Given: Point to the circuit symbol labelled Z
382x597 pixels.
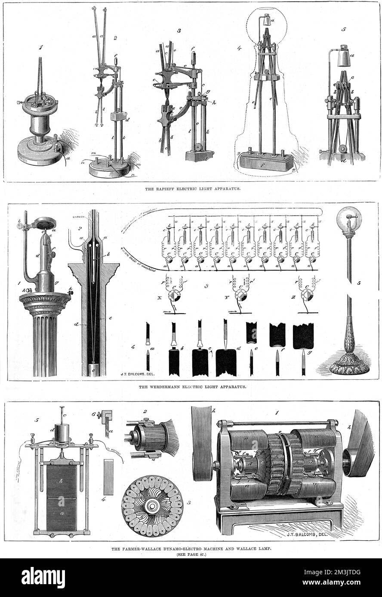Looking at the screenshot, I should (307, 296).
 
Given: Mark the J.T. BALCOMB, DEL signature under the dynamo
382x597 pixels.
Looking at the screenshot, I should (309, 535).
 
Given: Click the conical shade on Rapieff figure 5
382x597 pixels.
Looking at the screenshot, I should (344, 58).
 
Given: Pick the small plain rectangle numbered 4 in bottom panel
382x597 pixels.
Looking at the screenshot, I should (109, 476).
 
